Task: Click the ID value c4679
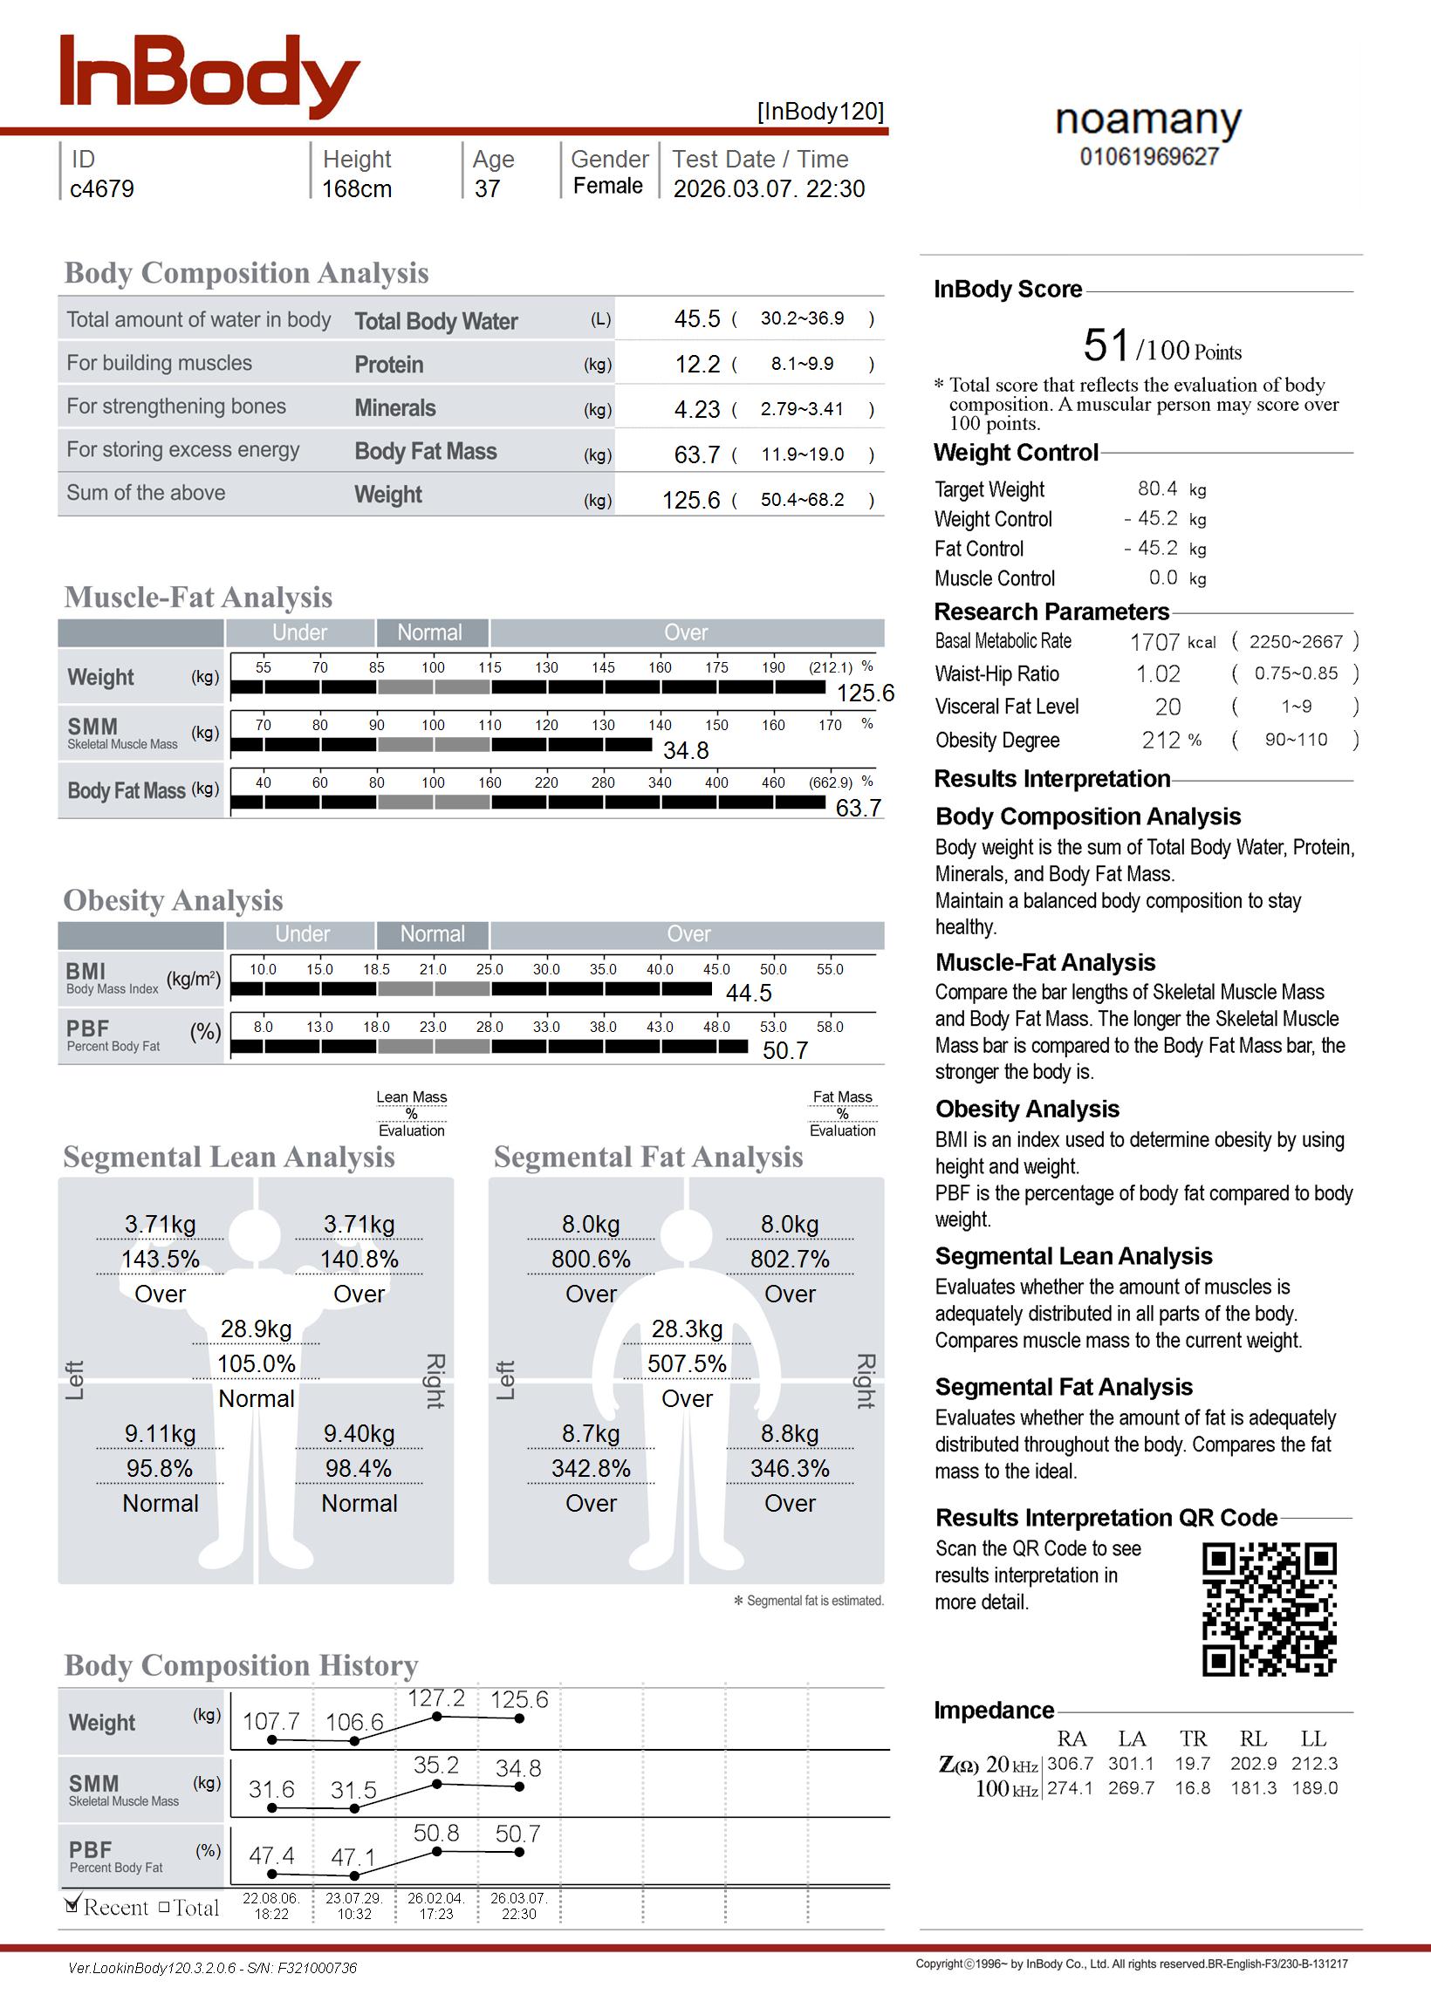(102, 188)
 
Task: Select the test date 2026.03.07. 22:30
(769, 188)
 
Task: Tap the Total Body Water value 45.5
(697, 318)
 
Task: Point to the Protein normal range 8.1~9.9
(801, 364)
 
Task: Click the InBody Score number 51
(1106, 345)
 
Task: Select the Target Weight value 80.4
(1157, 488)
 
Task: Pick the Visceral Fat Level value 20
(1167, 707)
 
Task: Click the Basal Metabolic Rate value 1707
(1154, 643)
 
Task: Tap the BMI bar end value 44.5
(748, 994)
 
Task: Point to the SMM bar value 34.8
(686, 750)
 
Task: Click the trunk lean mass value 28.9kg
(256, 1329)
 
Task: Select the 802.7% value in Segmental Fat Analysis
(790, 1260)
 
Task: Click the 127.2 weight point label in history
(435, 1698)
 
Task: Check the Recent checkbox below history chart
(73, 1907)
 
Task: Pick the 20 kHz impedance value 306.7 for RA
(1070, 1764)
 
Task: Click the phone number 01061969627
(1149, 157)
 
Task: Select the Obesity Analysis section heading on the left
(173, 900)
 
